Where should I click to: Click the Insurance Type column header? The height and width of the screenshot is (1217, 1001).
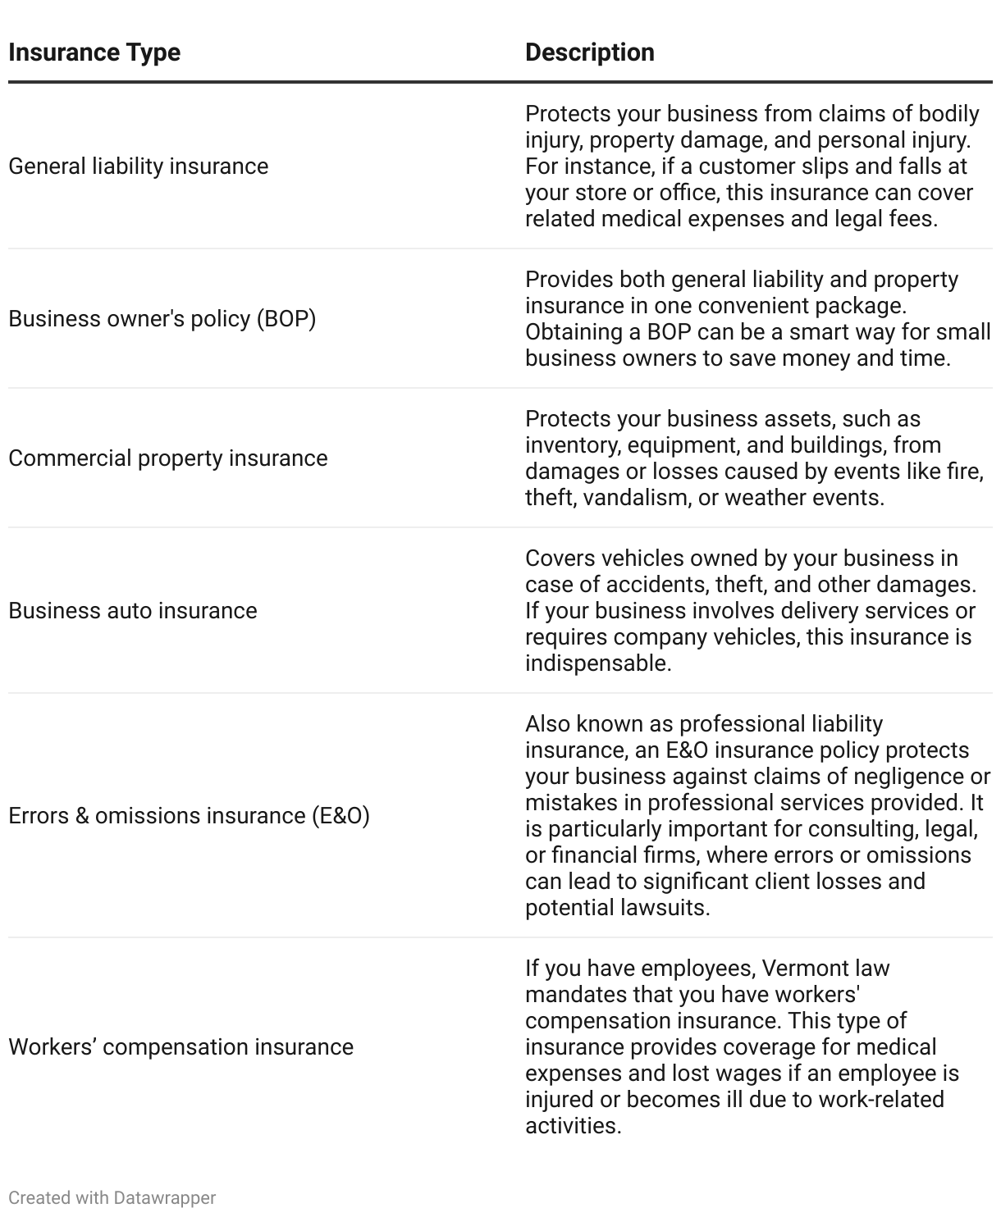coord(94,52)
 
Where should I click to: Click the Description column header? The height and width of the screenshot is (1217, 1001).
coord(589,52)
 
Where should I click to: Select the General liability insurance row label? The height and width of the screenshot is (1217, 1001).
coord(138,166)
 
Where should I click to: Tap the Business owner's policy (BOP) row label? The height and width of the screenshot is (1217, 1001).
coord(162,319)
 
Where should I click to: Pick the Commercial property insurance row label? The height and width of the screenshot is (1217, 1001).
coord(167,458)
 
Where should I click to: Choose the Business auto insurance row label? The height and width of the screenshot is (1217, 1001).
coord(132,611)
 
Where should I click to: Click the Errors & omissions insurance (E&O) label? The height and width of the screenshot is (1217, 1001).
coord(189,816)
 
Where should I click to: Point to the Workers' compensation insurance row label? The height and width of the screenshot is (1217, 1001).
coord(181,1047)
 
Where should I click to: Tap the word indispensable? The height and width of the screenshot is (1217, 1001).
coord(596,663)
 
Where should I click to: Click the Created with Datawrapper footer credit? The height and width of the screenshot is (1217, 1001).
coord(112,1197)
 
